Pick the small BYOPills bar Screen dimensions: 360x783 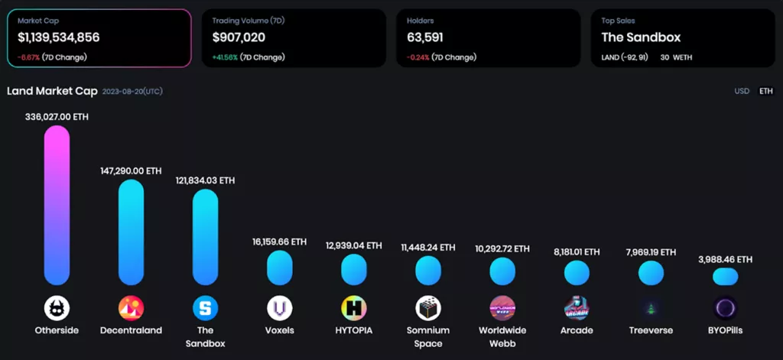(x=725, y=277)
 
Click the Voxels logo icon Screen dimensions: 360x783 (x=279, y=308)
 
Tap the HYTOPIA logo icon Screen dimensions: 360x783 (x=354, y=308)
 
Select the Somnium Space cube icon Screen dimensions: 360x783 (x=428, y=308)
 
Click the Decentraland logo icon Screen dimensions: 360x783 (x=131, y=308)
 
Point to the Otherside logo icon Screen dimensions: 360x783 (x=57, y=308)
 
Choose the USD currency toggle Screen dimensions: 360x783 (x=742, y=91)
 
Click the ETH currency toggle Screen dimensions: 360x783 (x=765, y=91)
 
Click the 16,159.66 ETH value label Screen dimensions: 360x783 (x=279, y=242)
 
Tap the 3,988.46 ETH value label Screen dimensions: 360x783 (x=725, y=260)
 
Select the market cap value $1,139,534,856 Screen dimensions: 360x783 (x=59, y=37)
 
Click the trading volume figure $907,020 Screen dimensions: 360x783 (x=239, y=37)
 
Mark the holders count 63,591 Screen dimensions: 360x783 (x=425, y=37)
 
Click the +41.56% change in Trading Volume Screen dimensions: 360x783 (x=225, y=57)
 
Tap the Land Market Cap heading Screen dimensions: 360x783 (x=52, y=91)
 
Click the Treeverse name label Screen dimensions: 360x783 (x=651, y=331)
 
